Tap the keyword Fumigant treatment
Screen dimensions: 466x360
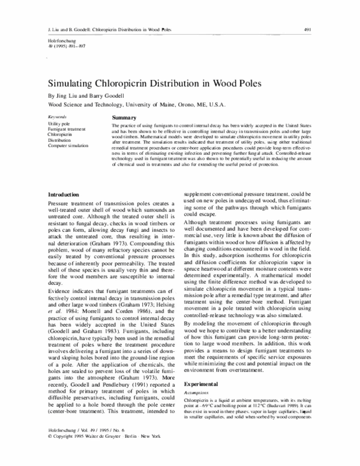[x=66, y=128]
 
